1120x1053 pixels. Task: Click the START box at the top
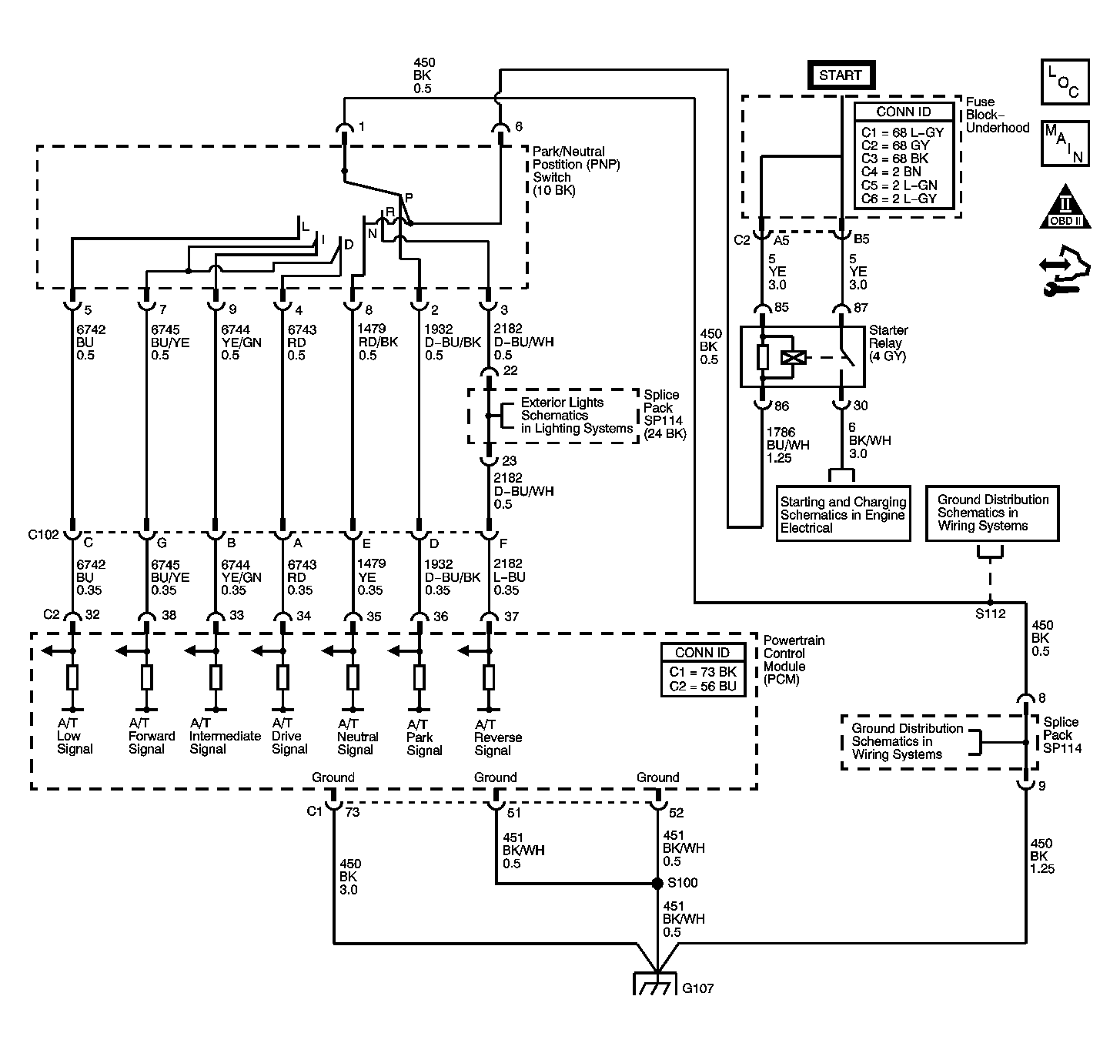pyautogui.click(x=841, y=75)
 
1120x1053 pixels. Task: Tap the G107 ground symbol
pyautogui.click(x=655, y=984)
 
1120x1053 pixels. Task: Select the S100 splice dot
pyautogui.click(x=657, y=883)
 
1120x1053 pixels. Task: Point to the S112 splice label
pyautogui.click(x=990, y=613)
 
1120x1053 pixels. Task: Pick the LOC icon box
pyautogui.click(x=1065, y=82)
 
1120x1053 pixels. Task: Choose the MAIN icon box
pyautogui.click(x=1065, y=144)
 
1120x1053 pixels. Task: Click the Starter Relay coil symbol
pyautogui.click(x=793, y=357)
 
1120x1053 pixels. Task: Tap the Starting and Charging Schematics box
pyautogui.click(x=843, y=514)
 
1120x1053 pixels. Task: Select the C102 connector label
pyautogui.click(x=43, y=535)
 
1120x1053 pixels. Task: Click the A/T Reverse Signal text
pyautogui.click(x=497, y=737)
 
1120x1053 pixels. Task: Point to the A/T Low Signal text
pyautogui.click(x=74, y=735)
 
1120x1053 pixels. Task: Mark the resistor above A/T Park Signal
pyautogui.click(x=419, y=677)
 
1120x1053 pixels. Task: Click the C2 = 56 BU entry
pyautogui.click(x=703, y=687)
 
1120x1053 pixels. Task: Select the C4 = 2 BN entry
pyautogui.click(x=891, y=172)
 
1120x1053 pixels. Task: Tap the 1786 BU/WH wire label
pyautogui.click(x=787, y=445)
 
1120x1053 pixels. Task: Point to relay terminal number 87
pyautogui.click(x=861, y=307)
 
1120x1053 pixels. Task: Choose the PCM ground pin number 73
pyautogui.click(x=352, y=811)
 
